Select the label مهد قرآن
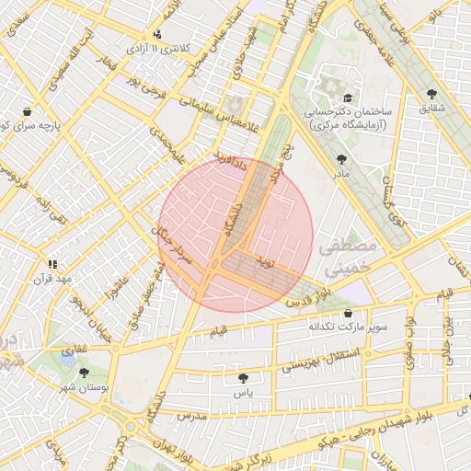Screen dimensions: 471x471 click(52, 277)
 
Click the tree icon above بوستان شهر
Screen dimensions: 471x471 click(85, 373)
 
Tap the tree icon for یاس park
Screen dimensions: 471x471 click(243, 378)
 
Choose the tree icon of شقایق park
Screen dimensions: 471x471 click(431, 93)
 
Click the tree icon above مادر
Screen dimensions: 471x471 click(343, 158)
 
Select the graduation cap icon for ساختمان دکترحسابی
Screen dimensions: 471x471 click(347, 98)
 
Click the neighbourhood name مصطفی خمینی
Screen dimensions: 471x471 click(348, 258)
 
